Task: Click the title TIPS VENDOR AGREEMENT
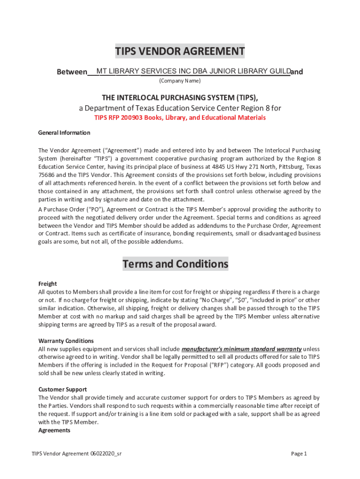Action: (180, 51)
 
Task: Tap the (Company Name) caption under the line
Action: (180, 81)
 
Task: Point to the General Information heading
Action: (64, 133)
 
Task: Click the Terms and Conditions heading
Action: (175, 264)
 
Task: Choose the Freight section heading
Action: (47, 284)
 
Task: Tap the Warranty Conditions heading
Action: (66, 341)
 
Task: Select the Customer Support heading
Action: (62, 390)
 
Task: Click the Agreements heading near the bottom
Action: (54, 430)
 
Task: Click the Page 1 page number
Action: (299, 454)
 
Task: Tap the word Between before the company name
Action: (72, 72)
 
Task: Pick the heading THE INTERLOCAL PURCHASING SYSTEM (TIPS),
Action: (180, 97)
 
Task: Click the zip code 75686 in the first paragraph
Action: (46, 175)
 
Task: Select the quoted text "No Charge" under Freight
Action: (214, 300)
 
